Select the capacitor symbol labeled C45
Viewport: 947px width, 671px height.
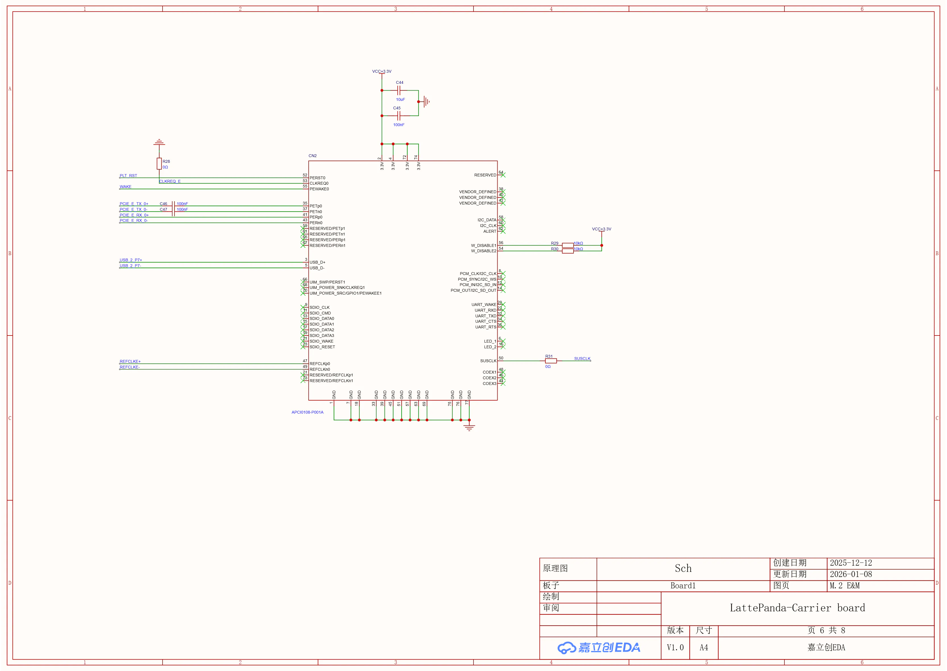pyautogui.click(x=399, y=116)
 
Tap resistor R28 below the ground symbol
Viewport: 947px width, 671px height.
pyautogui.click(x=159, y=164)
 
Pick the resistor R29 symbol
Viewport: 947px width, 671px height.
pyautogui.click(x=568, y=245)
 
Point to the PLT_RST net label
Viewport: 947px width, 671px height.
pyautogui.click(x=128, y=176)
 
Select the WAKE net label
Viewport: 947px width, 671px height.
pyautogui.click(x=126, y=187)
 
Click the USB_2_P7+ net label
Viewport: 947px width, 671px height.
pyautogui.click(x=131, y=260)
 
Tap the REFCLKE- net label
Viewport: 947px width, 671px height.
pyautogui.click(x=130, y=367)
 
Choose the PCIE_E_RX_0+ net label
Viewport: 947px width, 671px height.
pyautogui.click(x=134, y=215)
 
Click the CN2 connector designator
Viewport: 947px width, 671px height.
pyautogui.click(x=313, y=156)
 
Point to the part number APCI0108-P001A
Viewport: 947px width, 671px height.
pyautogui.click(x=308, y=412)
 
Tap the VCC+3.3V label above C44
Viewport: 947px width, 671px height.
pyautogui.click(x=381, y=72)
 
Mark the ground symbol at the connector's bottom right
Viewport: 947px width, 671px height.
pyautogui.click(x=469, y=427)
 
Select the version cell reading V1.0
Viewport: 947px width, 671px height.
pyautogui.click(x=675, y=647)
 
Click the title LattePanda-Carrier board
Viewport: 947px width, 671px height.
pyautogui.click(x=798, y=608)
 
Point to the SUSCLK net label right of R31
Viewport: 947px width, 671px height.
pyautogui.click(x=582, y=359)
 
